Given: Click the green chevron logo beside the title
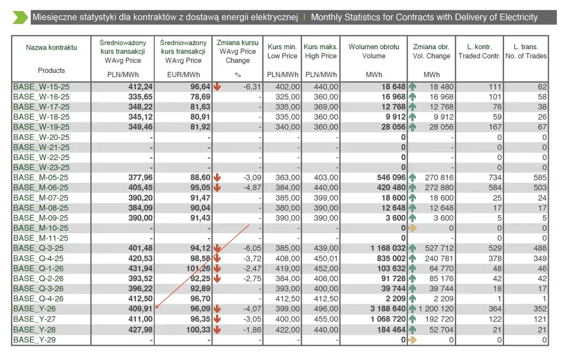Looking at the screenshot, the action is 20,18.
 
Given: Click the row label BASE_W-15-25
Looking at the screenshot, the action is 41,87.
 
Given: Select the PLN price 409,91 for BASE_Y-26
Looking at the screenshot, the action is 140,309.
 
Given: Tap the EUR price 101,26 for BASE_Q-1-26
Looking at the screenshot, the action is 198,268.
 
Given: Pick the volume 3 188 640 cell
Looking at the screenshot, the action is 388,309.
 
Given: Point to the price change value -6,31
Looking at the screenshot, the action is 252,87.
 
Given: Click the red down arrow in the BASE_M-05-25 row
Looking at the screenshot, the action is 217,177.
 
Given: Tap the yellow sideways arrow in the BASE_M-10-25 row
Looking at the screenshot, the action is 412,228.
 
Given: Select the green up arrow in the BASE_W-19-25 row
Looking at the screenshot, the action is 412,127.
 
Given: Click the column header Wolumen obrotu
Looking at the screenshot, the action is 374,47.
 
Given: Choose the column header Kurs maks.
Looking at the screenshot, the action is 321,47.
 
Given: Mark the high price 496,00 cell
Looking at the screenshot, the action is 326,309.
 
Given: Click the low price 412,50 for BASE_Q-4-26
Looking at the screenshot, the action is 288,299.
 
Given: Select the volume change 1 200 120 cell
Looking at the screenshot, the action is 436,309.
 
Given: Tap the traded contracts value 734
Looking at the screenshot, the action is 495,177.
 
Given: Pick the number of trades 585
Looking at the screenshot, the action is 540,177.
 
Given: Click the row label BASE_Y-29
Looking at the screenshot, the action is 34,340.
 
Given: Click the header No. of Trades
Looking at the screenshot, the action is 526,56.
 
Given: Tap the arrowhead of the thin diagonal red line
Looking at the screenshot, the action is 156,307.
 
